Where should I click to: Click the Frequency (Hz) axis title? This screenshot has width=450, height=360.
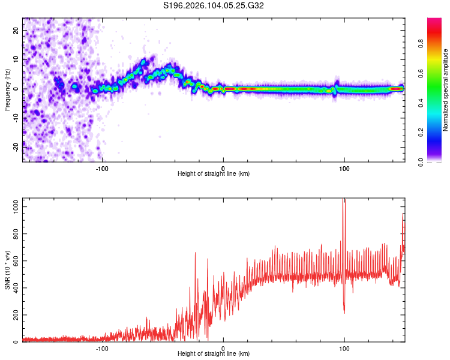point(8,89)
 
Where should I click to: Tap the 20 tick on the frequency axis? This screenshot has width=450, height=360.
point(16,30)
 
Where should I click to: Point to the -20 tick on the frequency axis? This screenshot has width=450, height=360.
point(16,147)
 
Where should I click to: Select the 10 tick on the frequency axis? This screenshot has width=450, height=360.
point(16,59)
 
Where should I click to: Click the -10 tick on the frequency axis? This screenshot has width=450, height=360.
point(16,118)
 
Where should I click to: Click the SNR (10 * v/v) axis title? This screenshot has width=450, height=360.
point(8,270)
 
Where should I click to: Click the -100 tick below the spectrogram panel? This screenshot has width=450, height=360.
point(102,167)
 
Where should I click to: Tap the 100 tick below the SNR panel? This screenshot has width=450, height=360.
point(344,347)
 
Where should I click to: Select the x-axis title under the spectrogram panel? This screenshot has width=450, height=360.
point(214,173)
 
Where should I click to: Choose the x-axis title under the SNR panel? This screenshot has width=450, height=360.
point(214,353)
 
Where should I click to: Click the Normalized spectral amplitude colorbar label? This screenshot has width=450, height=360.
point(446,89)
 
